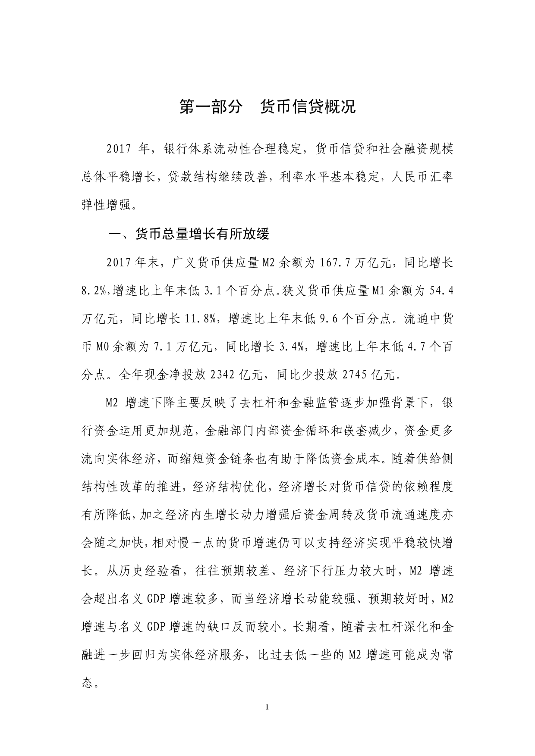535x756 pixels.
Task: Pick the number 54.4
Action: click(441, 291)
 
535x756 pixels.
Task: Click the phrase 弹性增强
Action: click(105, 205)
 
